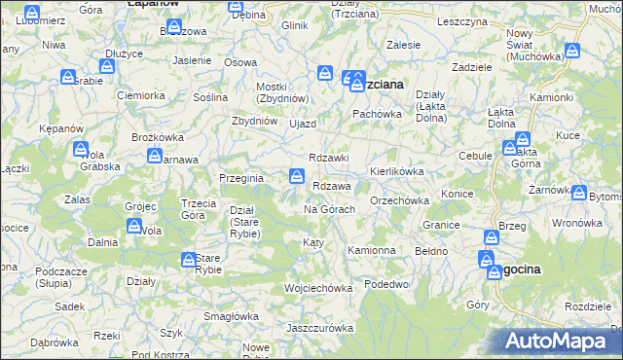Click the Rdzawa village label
(332, 187)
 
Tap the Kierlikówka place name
(396, 171)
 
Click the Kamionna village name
(372, 250)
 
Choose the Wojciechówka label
(316, 288)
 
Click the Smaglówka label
(231, 315)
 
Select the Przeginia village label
(241, 177)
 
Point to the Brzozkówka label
(158, 137)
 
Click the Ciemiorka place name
(140, 95)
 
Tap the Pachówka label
(377, 114)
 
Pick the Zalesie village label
(404, 45)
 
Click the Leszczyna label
(461, 20)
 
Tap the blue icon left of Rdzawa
(296, 176)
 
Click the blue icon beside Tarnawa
(155, 157)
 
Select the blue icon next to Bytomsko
(582, 195)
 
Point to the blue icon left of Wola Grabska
(80, 150)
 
